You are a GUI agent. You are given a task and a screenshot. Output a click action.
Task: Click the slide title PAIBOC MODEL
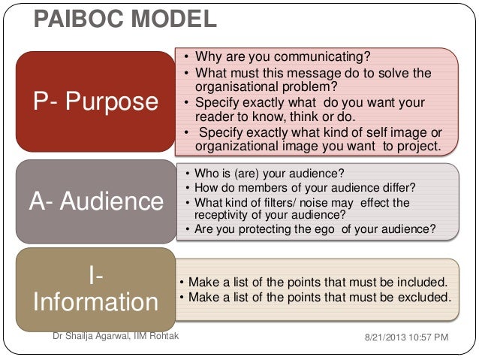[x=125, y=18]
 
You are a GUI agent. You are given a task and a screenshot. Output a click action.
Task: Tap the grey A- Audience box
[x=95, y=201]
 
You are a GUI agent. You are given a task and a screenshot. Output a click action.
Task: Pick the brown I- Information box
[x=95, y=289]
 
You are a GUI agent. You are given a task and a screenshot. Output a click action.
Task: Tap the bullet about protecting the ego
[x=315, y=229]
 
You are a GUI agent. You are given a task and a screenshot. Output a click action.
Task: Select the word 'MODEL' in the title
[x=173, y=18]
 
